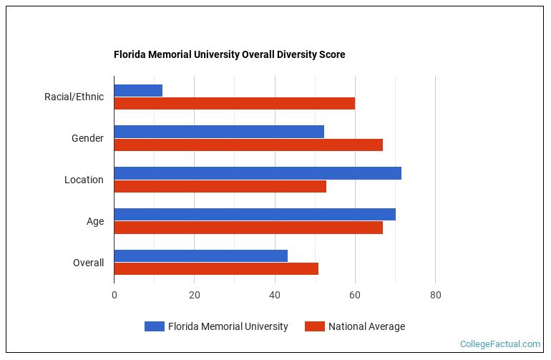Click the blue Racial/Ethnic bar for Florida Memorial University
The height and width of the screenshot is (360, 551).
[138, 90]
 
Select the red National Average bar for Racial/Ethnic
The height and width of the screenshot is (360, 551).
[234, 103]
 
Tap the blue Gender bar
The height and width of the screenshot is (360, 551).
[219, 132]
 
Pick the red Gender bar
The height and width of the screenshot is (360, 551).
[248, 145]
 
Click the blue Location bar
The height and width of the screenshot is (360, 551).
[258, 173]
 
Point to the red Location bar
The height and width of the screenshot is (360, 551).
[220, 186]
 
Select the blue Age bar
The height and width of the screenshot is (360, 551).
[255, 215]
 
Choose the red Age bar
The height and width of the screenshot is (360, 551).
[248, 228]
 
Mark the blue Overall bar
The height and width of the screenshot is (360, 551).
[200, 256]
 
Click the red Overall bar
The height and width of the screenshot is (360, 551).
[216, 269]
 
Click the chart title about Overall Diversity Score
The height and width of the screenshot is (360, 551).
[229, 54]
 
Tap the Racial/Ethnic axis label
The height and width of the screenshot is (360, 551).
[74, 97]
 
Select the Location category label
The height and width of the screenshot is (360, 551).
[84, 180]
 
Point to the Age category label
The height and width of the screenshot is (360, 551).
[95, 221]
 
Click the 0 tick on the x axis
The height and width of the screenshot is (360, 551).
[114, 294]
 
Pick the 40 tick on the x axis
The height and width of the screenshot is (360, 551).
[274, 294]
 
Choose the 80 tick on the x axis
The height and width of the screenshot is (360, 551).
[435, 294]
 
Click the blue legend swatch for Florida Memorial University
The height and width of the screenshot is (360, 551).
[154, 326]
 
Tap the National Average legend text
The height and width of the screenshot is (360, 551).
[366, 326]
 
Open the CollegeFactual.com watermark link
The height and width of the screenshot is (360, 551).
[500, 344]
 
